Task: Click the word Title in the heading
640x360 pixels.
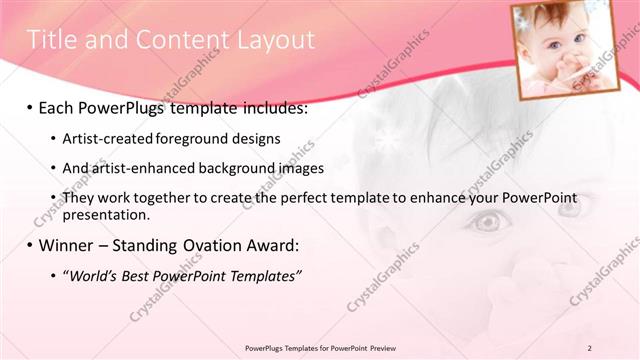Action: [50, 40]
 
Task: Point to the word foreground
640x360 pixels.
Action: [191, 137]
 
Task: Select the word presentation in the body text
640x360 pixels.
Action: [106, 214]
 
